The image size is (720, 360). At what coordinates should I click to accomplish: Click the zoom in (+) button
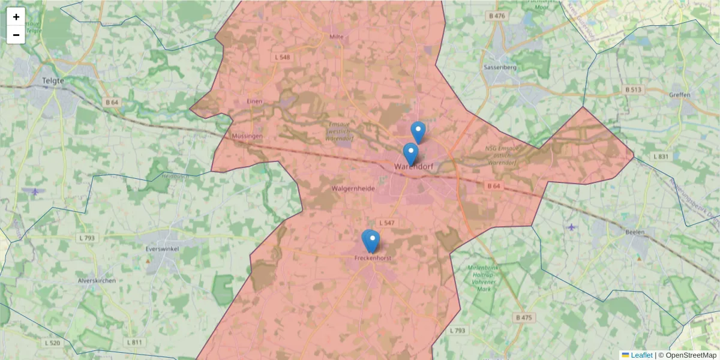[x=16, y=17]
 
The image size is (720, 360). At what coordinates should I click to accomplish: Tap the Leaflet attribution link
[x=641, y=355]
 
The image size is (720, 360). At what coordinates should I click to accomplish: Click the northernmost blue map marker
[x=418, y=131]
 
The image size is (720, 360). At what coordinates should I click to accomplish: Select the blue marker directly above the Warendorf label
[x=410, y=153]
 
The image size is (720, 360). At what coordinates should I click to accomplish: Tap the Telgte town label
[x=53, y=80]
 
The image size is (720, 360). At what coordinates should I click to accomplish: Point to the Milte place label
[x=336, y=37]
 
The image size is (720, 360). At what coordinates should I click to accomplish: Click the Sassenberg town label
[x=500, y=67]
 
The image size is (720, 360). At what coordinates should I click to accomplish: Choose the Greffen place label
[x=679, y=95]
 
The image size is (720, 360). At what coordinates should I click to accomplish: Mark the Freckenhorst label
[x=373, y=258]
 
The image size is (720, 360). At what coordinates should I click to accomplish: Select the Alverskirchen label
[x=97, y=280]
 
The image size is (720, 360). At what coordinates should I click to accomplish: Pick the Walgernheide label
[x=353, y=188]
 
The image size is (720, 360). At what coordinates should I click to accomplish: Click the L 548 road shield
[x=282, y=57]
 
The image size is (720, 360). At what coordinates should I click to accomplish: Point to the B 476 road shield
[x=497, y=16]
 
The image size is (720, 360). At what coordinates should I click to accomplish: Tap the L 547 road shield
[x=387, y=223]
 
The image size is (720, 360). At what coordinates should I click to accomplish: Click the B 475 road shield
[x=523, y=317]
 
